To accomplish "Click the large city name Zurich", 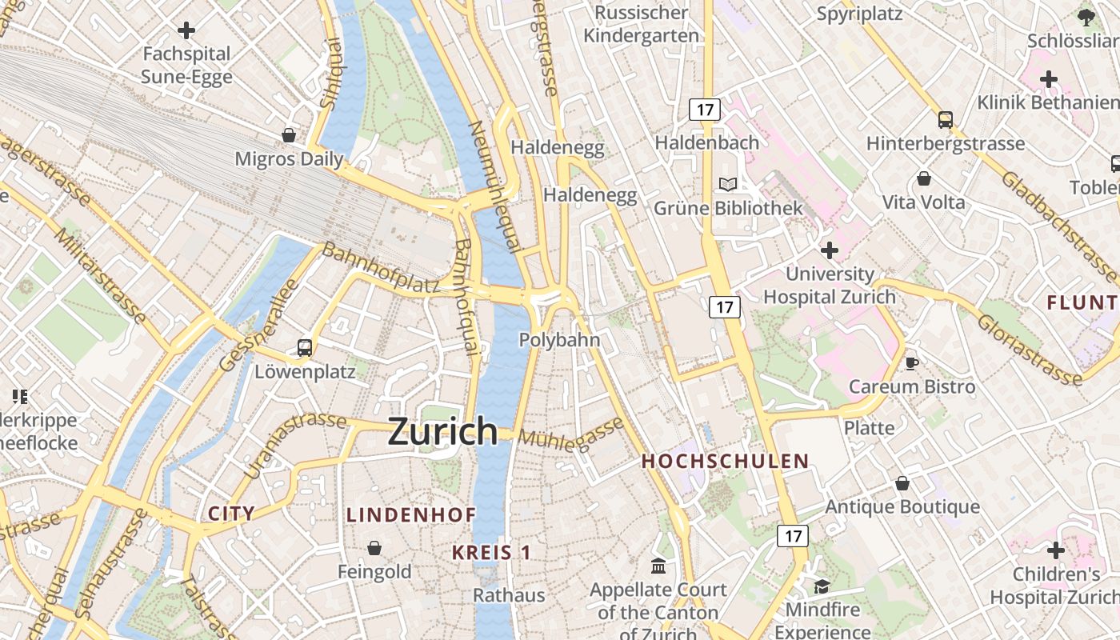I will (443, 431).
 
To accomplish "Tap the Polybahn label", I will (559, 340).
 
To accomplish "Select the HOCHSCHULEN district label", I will (725, 461).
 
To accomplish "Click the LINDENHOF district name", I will (411, 515).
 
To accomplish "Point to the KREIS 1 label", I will (491, 552).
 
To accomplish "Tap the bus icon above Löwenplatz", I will (305, 348).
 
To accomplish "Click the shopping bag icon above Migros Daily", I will (289, 135).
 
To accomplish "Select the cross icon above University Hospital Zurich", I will (830, 250).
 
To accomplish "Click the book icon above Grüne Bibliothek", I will (728, 185).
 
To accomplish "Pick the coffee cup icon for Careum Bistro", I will (911, 364).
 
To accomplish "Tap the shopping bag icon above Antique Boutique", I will (902, 483).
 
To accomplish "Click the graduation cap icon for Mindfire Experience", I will (822, 586).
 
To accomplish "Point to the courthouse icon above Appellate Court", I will (658, 566).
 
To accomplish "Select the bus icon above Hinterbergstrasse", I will (946, 120).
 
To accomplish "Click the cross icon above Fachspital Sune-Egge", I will (186, 30).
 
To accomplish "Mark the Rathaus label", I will (509, 595).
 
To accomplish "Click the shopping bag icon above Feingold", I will (374, 548).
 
